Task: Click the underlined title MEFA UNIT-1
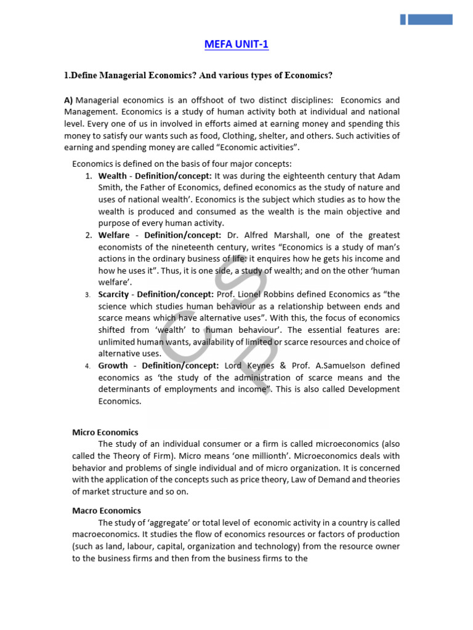tap(236, 44)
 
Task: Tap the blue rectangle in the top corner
tap(429, 19)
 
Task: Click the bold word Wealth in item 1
tap(113, 176)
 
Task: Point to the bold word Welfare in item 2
tap(114, 235)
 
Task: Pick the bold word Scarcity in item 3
tap(114, 294)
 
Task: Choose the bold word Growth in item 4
tap(113, 365)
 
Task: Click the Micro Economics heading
tap(105, 433)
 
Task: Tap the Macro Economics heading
tap(107, 511)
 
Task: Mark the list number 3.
tap(87, 295)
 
